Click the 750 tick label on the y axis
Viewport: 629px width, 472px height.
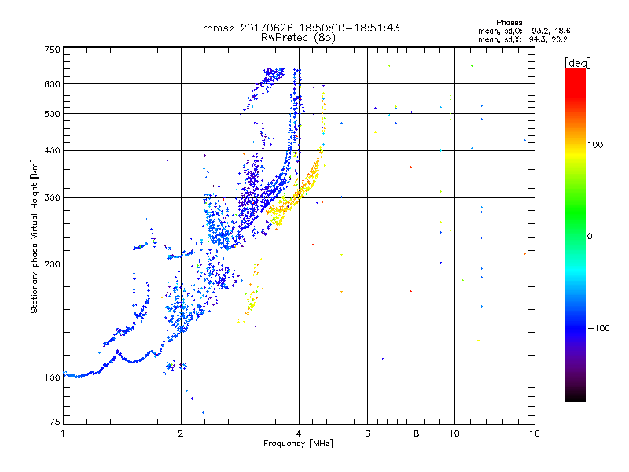53,49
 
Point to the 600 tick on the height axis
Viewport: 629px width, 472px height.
53,84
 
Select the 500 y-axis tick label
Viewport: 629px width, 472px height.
53,114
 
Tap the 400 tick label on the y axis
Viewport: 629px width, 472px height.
53,150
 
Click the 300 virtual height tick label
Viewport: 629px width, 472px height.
53,197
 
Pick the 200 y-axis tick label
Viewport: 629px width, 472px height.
53,264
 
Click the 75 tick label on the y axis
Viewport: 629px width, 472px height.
55,421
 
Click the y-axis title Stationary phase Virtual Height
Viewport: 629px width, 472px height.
35,235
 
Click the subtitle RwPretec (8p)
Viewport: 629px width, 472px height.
298,37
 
